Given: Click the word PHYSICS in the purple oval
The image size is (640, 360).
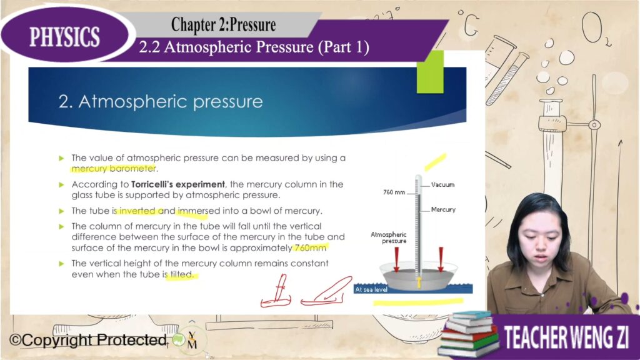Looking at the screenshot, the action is [64, 37].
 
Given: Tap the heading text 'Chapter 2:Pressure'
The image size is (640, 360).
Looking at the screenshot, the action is [223, 25].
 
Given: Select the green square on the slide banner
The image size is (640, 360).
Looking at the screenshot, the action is [430, 72].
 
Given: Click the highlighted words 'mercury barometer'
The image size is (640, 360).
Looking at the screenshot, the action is [114, 169].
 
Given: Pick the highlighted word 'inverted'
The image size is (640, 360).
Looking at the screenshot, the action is [137, 211].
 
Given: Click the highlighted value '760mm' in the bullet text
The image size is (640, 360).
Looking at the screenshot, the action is [310, 247].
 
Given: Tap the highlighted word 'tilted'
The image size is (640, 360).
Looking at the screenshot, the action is [181, 275].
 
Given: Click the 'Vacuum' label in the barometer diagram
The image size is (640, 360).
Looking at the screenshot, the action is [443, 185].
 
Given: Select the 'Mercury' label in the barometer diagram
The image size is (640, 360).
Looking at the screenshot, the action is [443, 210].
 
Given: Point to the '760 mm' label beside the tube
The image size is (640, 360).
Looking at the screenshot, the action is [394, 192].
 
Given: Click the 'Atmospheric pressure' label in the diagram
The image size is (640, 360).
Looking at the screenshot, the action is [389, 237].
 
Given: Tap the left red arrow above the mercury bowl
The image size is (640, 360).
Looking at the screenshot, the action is [396, 259].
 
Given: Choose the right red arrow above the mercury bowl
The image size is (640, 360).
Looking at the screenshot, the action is [441, 259].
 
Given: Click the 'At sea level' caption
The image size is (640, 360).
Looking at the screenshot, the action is [371, 289].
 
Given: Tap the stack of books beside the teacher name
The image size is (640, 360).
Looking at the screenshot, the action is [468, 334].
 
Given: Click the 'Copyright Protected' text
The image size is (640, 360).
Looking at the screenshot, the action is [87, 340].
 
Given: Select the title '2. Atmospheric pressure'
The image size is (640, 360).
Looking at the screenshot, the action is [161, 102].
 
